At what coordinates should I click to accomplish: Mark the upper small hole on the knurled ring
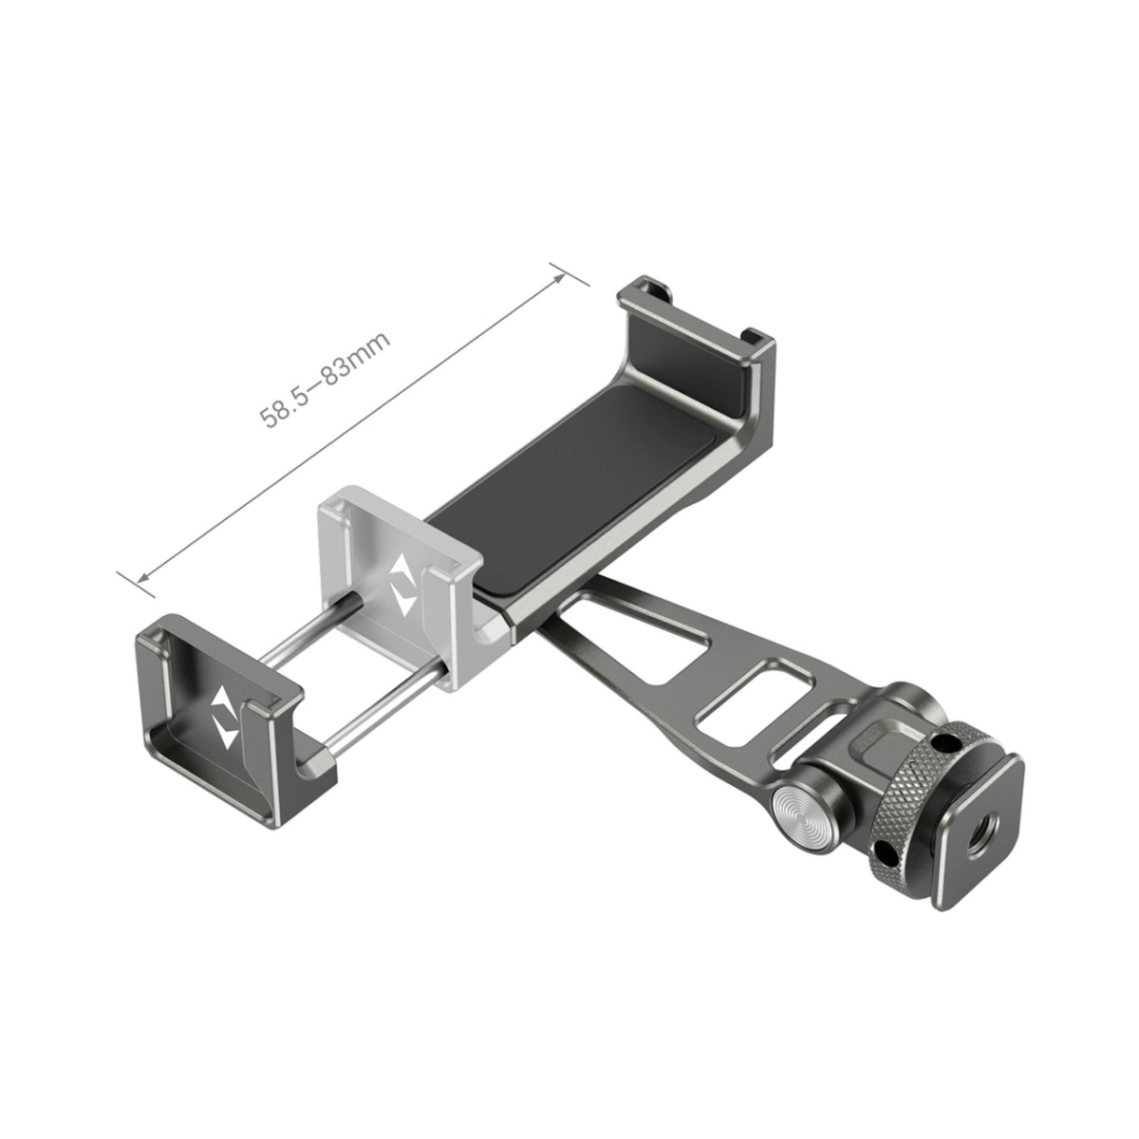(945, 743)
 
